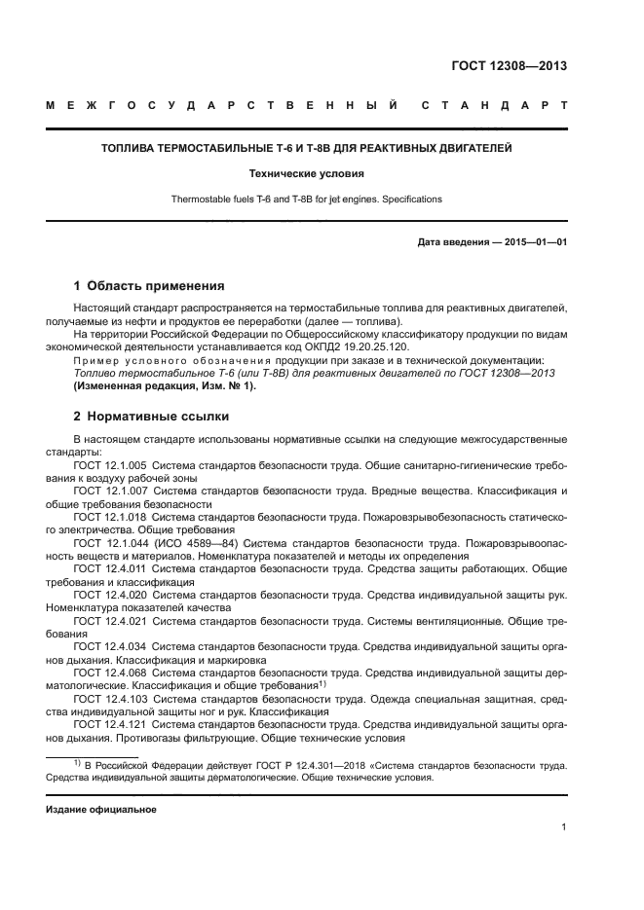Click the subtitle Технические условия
click(x=306, y=174)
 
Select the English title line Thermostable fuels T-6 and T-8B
click(x=306, y=200)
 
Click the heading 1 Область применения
click(x=149, y=286)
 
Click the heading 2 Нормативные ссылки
click(x=151, y=417)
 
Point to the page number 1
click(x=563, y=827)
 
